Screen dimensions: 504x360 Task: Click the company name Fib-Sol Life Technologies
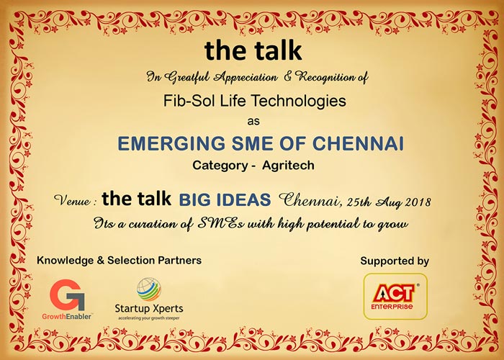point(255,101)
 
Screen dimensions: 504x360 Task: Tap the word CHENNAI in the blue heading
point(358,143)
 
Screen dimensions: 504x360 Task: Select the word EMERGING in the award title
point(171,143)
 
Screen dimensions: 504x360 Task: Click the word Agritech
point(288,165)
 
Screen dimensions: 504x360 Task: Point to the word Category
point(220,166)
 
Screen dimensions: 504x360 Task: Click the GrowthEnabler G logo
point(67,294)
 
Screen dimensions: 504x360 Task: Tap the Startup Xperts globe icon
point(148,289)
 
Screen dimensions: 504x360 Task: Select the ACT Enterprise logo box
point(395,297)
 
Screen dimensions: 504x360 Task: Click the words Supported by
point(395,261)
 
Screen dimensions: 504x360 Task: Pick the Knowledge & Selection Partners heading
point(120,260)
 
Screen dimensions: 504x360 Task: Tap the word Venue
point(73,201)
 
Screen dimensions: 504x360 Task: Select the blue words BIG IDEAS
point(225,199)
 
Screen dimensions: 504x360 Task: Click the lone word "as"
point(253,122)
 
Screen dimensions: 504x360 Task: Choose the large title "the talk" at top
point(253,50)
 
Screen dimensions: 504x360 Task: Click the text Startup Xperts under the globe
point(149,309)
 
